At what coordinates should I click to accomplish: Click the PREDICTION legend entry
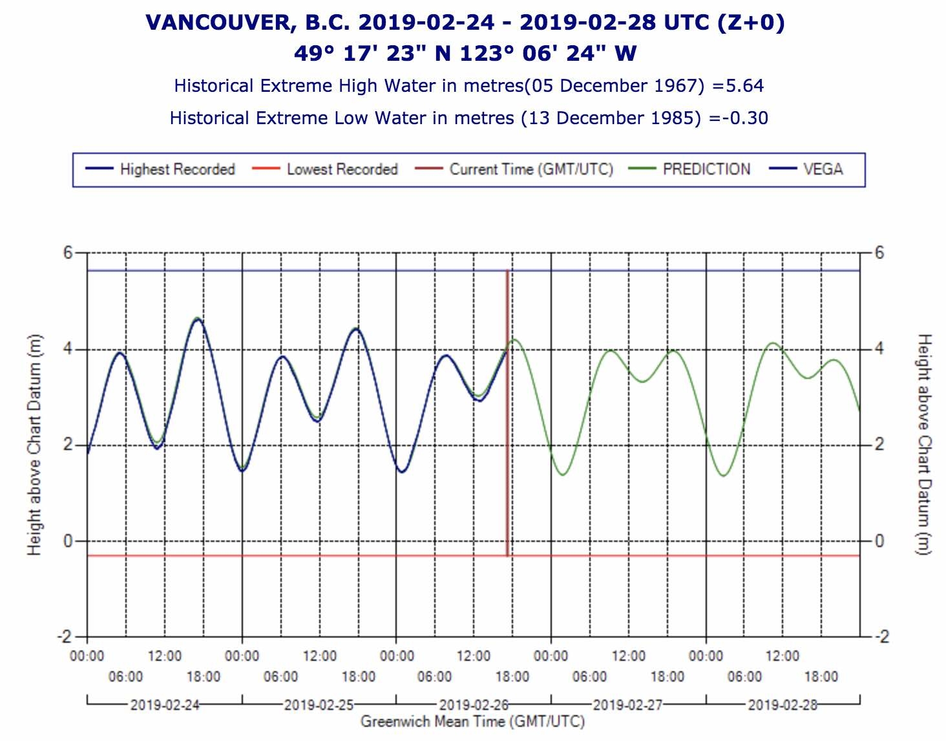click(x=706, y=169)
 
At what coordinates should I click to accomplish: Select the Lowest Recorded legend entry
click(x=342, y=169)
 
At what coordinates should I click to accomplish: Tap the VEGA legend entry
click(x=823, y=169)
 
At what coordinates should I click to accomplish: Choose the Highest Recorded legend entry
click(x=177, y=169)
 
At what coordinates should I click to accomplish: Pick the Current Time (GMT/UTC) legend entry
click(x=531, y=169)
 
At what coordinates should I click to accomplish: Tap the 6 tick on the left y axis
click(x=68, y=253)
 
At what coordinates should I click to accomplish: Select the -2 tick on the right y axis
click(x=881, y=637)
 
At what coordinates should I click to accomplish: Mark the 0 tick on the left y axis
click(x=68, y=541)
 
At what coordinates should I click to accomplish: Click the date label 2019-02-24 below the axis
click(x=165, y=705)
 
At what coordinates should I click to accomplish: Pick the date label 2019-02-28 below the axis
click(x=783, y=705)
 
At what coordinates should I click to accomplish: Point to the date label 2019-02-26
click(x=474, y=705)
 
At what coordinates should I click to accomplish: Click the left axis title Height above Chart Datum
click(x=34, y=445)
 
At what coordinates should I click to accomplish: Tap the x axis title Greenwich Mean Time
click(x=472, y=722)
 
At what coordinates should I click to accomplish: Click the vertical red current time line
click(x=508, y=414)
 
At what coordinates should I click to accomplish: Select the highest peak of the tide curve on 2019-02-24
click(x=198, y=319)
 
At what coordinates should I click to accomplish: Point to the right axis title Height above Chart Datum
click(x=925, y=445)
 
